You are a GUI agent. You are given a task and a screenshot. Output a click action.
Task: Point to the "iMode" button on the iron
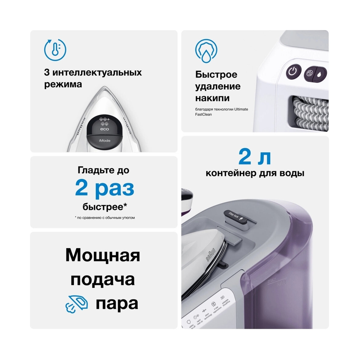104,139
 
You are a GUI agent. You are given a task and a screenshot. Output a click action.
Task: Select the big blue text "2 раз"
104,188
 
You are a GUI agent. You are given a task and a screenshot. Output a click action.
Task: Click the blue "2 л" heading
255,157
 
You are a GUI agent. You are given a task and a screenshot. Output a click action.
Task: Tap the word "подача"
103,280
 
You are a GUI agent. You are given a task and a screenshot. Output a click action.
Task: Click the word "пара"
117,304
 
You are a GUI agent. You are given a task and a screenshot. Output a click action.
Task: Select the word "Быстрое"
216,75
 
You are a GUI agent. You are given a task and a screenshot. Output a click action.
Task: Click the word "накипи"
212,98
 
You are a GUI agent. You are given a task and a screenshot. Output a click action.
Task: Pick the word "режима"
63,85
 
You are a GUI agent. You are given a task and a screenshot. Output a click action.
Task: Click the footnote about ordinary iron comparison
104,218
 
